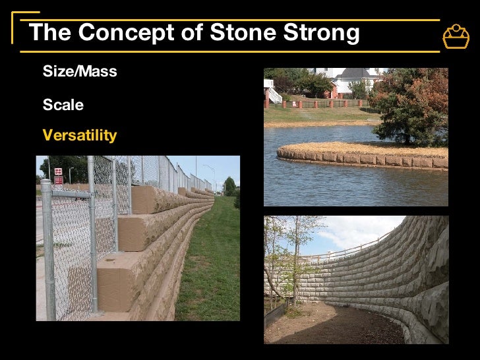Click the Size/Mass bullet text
coord(80,72)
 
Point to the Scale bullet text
coord(63,105)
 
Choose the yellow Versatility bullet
coord(80,136)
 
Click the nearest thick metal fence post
coord(47,251)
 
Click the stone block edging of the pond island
coord(356,159)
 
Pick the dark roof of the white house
coord(356,74)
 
